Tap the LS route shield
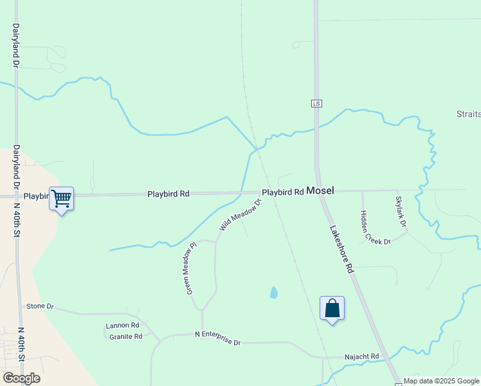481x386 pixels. [316, 104]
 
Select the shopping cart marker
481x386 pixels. [61, 199]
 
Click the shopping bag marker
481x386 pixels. [332, 309]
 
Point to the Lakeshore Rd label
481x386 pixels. [342, 250]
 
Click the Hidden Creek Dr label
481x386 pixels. [375, 228]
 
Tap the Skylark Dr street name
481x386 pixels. [401, 211]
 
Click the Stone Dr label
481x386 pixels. [41, 306]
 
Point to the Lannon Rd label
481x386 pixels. [122, 326]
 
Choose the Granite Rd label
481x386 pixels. [125, 336]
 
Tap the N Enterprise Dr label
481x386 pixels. [217, 338]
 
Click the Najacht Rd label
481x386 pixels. [361, 356]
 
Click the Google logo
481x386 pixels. [21, 378]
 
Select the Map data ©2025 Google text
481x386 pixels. [442, 381]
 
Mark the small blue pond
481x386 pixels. [274, 293]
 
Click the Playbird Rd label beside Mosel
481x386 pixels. [282, 192]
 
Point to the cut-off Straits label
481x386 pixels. [469, 114]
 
